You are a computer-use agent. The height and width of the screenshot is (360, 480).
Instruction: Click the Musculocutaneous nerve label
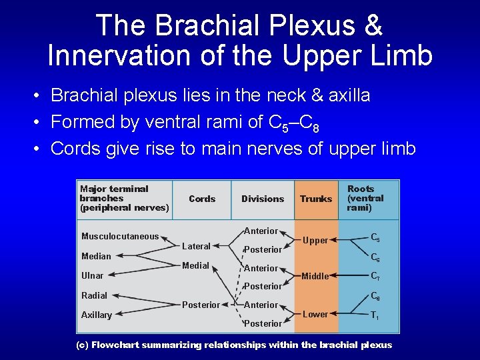point(120,236)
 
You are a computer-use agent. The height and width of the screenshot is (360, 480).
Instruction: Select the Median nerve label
point(96,256)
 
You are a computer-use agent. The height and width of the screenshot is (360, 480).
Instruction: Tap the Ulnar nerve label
point(93,275)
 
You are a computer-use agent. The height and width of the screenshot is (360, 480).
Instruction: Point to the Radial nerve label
point(94,295)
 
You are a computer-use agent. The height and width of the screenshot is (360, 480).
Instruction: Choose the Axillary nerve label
point(97,315)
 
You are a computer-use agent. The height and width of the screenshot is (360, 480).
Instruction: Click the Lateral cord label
point(196,246)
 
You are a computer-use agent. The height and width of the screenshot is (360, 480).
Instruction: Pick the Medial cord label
point(195,265)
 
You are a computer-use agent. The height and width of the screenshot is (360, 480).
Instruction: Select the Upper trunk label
point(315,240)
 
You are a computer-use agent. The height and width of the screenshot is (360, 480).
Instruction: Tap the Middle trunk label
point(315,276)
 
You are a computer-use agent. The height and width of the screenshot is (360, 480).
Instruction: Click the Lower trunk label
point(315,314)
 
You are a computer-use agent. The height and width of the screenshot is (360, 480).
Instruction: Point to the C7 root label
point(375,275)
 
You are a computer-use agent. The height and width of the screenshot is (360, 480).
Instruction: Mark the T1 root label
point(375,316)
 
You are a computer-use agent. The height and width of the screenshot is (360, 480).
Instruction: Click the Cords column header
point(202,199)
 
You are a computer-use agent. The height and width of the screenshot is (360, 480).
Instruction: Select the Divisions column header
point(263,199)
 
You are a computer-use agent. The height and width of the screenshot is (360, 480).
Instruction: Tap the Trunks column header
point(316,199)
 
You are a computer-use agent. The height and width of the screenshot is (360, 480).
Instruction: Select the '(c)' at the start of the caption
point(81,345)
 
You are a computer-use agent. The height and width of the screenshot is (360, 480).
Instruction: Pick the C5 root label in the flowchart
point(376,236)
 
